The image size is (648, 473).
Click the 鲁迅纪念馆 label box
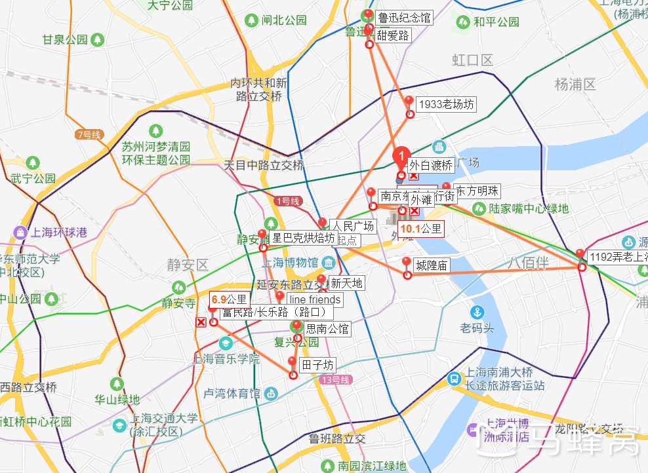click(x=403, y=18)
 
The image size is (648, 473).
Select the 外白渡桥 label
click(x=431, y=165)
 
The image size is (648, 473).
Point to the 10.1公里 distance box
click(x=421, y=229)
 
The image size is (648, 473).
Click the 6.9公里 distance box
click(x=229, y=300)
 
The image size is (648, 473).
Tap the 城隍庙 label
click(x=431, y=265)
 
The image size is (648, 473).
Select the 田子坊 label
click(x=317, y=365)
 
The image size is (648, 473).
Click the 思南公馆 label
click(x=327, y=328)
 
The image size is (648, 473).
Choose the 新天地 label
click(x=346, y=283)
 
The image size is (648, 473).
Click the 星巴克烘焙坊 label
click(x=303, y=238)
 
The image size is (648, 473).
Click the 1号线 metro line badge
click(x=287, y=201)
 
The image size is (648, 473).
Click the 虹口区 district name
click(x=472, y=60)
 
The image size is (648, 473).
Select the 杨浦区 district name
click(x=575, y=84)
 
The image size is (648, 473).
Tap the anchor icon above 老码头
click(x=477, y=312)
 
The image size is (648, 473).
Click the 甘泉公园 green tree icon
click(x=98, y=40)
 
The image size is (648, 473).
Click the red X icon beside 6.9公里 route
click(x=201, y=322)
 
